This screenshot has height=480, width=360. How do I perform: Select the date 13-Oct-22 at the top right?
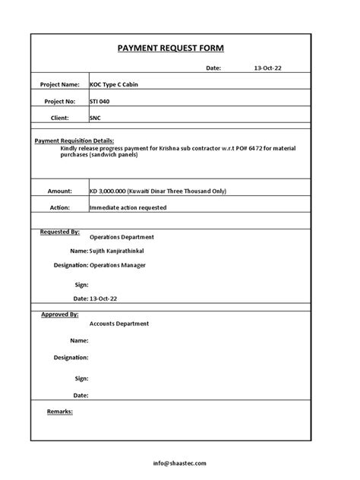268,68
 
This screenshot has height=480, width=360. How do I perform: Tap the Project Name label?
60,84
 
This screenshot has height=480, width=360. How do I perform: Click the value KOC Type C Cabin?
114,84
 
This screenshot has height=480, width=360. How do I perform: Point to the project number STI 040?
99,101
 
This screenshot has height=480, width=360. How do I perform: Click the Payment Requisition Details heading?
74,141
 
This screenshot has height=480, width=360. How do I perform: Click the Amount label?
59,191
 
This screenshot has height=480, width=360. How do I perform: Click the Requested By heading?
59,231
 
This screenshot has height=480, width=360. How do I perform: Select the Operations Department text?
122,238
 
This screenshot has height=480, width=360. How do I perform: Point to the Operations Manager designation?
117,265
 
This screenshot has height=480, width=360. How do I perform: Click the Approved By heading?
59,314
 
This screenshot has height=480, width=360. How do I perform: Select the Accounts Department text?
119,324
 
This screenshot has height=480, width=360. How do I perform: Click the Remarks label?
60,411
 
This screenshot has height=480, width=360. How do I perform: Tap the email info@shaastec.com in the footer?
178,463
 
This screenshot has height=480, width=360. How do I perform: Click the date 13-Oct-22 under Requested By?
105,299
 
